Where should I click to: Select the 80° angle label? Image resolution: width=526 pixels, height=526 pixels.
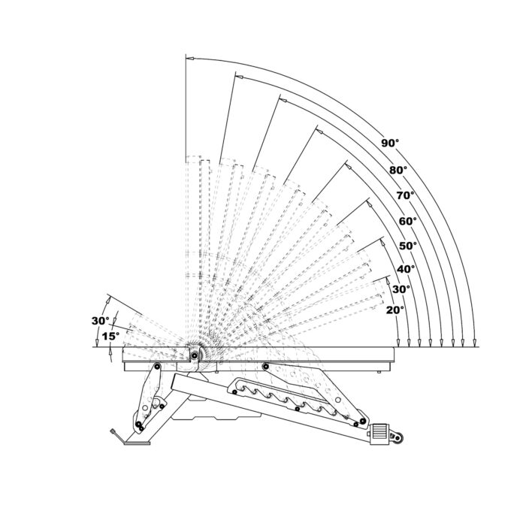tap(398, 171)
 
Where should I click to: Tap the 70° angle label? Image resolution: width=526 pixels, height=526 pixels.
tap(405, 195)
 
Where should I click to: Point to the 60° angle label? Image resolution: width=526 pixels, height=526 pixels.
tap(407, 221)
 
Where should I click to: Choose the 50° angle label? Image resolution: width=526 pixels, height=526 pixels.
tap(408, 245)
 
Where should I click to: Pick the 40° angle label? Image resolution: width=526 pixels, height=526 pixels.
tap(407, 269)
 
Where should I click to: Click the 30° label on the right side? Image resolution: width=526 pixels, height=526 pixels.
tap(401, 289)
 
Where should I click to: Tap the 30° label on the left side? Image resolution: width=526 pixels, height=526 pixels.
tap(100, 321)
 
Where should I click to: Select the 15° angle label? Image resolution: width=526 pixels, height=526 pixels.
tap(110, 337)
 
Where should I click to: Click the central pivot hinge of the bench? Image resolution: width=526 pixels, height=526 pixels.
tap(195, 356)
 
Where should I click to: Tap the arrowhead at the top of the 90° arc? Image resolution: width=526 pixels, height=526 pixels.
tap(189, 57)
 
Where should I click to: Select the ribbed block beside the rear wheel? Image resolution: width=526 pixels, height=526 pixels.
tap(378, 434)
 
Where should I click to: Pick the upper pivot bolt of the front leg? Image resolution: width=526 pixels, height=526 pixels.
tap(157, 367)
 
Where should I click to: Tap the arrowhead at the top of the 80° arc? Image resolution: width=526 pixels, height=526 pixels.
tap(238, 76)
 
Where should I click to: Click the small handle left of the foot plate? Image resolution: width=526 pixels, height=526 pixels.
tap(113, 434)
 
